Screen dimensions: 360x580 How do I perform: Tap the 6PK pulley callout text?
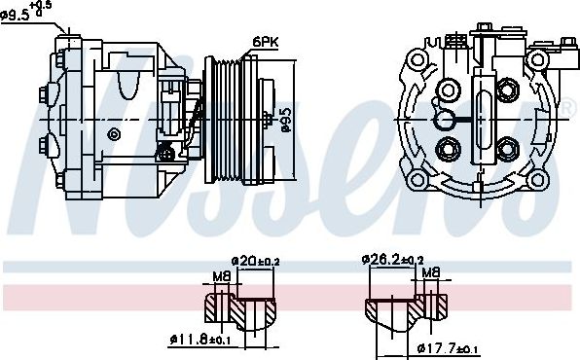point(265,41)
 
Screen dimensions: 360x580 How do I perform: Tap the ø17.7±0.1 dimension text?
point(449,348)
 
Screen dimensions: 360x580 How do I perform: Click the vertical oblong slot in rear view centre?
point(485,120)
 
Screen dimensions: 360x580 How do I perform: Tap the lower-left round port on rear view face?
point(450,149)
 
